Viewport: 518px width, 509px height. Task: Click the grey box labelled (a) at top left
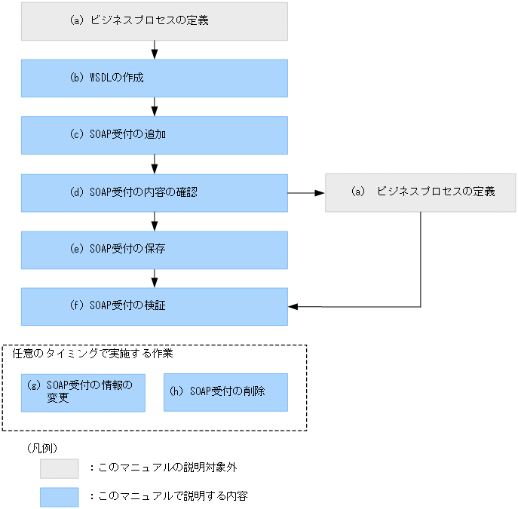point(154,21)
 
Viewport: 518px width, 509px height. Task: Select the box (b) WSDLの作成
point(154,78)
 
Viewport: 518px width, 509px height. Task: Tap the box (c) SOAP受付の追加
point(154,135)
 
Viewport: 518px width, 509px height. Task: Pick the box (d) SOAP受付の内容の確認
point(154,192)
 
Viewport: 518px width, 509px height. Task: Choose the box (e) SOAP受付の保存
point(154,250)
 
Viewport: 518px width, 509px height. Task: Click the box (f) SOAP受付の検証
point(154,306)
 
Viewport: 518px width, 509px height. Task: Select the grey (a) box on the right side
point(420,192)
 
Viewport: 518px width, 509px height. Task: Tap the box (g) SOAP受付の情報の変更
point(83,392)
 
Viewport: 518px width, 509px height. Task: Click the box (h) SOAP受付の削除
point(225,392)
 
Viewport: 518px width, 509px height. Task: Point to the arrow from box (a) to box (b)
point(155,50)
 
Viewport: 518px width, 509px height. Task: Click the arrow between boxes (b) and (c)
point(155,106)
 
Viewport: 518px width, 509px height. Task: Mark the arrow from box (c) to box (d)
point(155,164)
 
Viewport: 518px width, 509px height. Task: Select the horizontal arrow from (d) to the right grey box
point(306,192)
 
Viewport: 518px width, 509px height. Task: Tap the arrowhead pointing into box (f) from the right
point(294,306)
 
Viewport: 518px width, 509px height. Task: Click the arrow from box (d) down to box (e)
point(155,221)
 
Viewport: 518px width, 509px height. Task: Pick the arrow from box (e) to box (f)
point(155,277)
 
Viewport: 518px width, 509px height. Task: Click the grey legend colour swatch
point(60,468)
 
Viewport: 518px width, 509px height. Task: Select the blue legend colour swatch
point(60,497)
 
